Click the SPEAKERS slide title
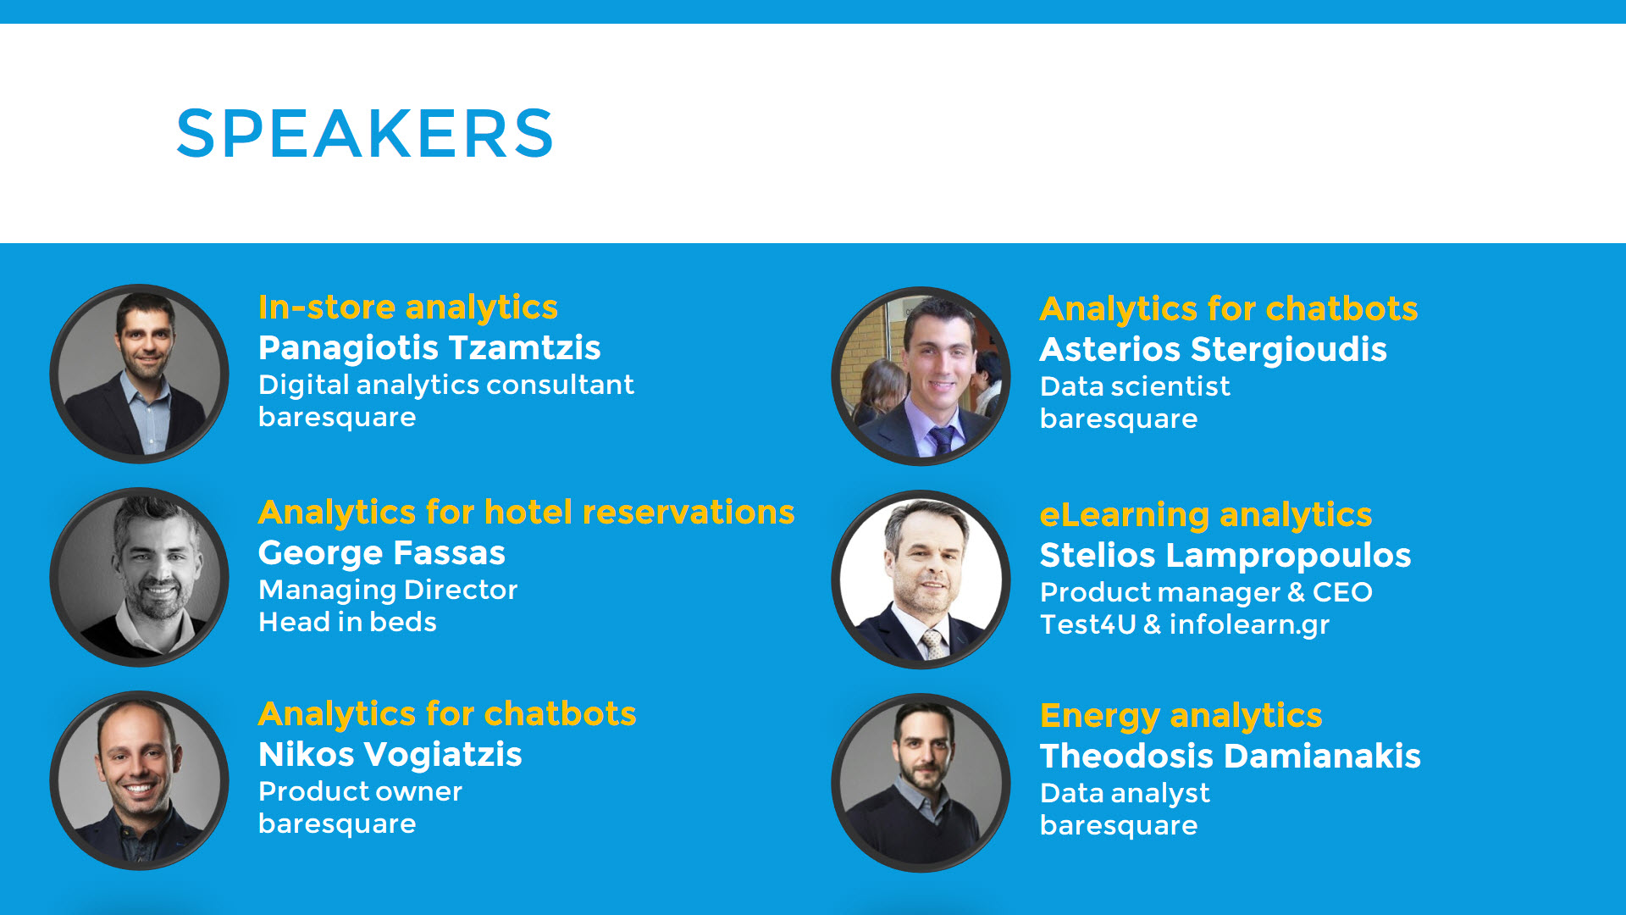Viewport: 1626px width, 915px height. click(x=365, y=133)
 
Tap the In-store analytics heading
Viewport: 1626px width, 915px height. click(x=408, y=308)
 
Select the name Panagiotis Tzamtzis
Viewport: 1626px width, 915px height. click(x=429, y=348)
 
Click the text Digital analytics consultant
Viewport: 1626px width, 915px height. click(x=445, y=385)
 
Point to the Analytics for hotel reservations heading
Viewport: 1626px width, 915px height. click(x=527, y=513)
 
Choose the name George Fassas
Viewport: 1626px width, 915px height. click(x=382, y=553)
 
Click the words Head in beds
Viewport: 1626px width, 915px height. click(x=347, y=622)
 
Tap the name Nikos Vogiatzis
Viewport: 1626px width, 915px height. click(x=390, y=755)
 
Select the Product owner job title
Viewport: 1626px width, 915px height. click(x=360, y=791)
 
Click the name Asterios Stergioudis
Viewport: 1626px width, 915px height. click(x=1213, y=350)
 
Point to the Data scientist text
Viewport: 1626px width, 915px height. click(x=1135, y=386)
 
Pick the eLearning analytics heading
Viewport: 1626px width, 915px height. click(x=1206, y=515)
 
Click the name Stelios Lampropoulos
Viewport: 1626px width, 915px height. click(x=1225, y=556)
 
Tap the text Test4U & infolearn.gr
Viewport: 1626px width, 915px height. click(x=1185, y=624)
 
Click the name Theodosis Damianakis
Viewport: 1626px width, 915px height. click(x=1230, y=757)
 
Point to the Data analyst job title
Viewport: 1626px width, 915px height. click(x=1125, y=794)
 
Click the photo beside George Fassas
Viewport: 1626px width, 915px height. click(x=139, y=577)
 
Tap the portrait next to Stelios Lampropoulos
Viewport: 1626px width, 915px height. click(x=921, y=579)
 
